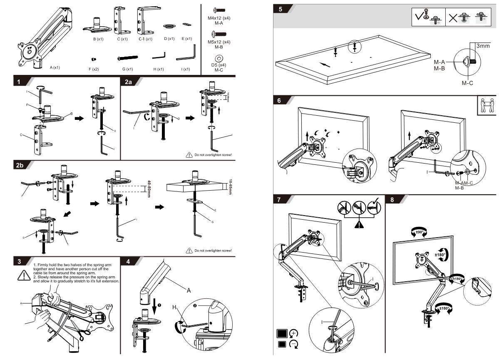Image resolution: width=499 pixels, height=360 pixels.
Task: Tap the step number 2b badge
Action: coord(20,165)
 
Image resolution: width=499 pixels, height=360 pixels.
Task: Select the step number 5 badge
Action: coord(281,9)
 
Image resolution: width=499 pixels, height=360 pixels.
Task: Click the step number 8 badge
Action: coord(392,199)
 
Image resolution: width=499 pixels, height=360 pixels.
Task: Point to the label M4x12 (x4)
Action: coord(219,19)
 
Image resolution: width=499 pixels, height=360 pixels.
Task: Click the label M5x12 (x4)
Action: coord(219,42)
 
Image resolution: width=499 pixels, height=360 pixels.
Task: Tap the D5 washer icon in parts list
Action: coord(219,57)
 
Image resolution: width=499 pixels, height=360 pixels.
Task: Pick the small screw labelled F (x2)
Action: coord(94,59)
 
